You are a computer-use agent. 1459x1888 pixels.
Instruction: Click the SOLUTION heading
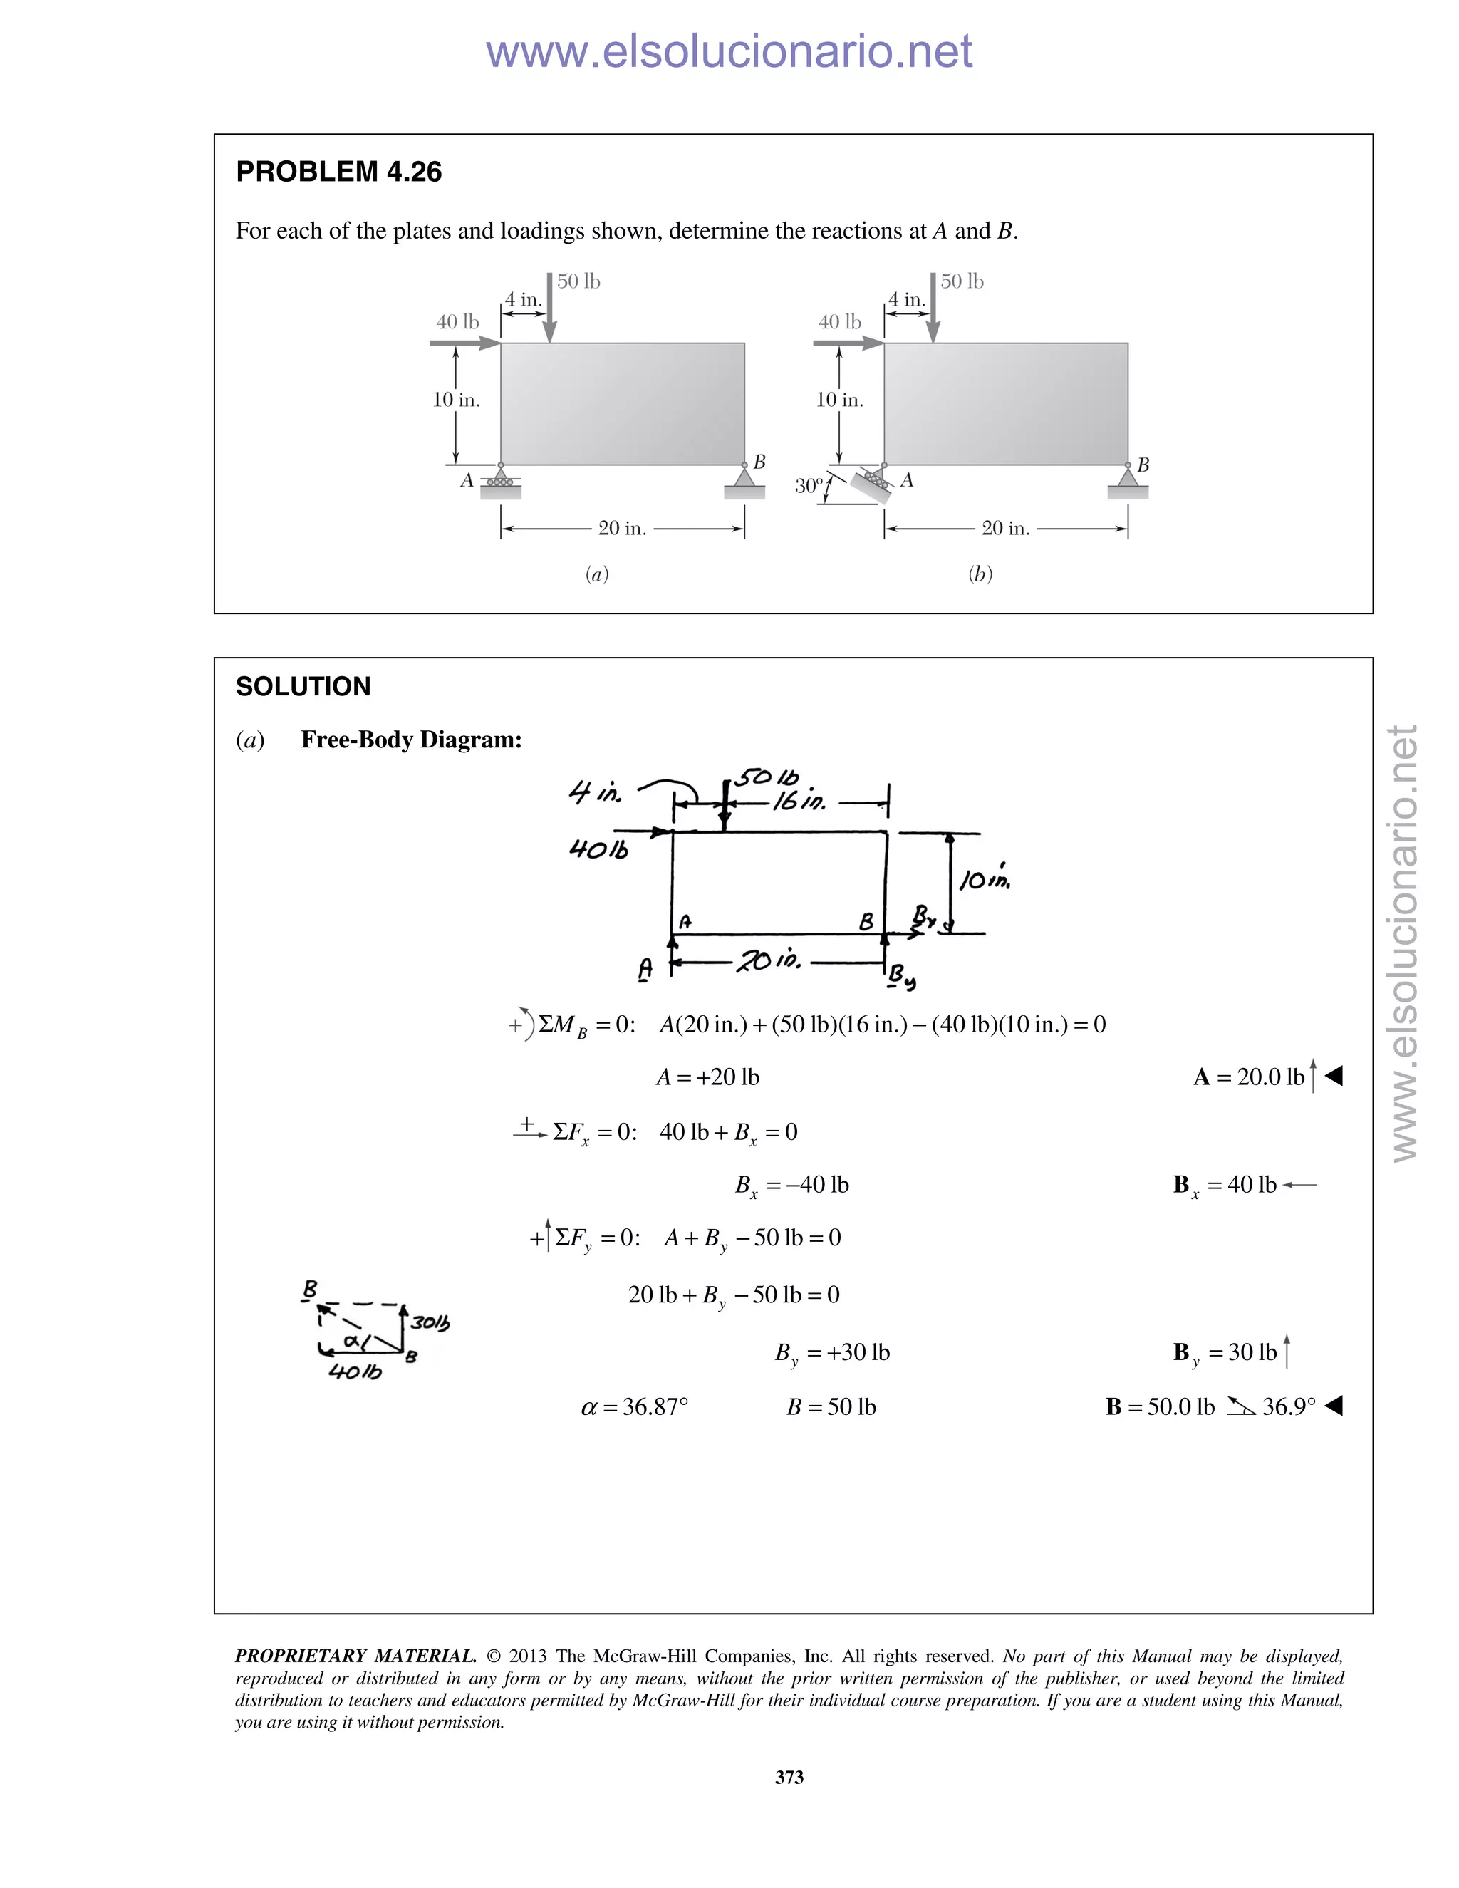303,686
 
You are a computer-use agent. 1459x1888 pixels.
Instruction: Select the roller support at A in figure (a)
500,482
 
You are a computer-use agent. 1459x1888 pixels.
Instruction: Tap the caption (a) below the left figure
596,574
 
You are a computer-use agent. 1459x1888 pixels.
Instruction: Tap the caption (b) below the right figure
980,574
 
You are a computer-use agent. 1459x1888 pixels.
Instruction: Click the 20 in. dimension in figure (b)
1005,528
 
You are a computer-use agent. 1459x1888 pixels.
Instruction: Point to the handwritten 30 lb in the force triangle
430,1322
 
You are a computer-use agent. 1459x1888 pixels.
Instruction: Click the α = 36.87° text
635,1407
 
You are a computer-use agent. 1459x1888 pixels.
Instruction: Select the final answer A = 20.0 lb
1249,1077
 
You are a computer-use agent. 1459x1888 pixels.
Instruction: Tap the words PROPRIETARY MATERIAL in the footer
355,1656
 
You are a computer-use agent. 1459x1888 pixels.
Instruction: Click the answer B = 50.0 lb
1160,1407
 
